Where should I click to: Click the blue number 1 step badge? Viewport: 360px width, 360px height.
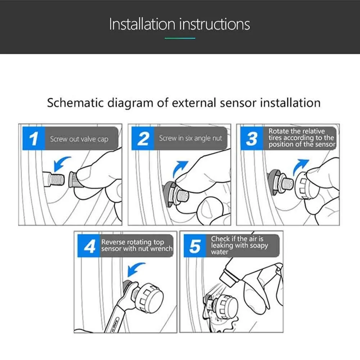point(34,139)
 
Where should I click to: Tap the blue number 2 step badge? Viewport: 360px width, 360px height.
point(143,139)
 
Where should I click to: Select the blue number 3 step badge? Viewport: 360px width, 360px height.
point(252,139)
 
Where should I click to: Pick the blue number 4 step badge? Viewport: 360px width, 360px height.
point(89,246)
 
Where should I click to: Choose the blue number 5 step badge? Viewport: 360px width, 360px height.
point(195,246)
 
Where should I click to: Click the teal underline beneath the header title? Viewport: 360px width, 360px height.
point(180,39)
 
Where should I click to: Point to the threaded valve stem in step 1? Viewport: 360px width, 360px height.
point(54,179)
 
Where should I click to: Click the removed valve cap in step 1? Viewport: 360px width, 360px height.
point(73,180)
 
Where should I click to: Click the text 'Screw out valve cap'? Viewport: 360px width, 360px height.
point(79,139)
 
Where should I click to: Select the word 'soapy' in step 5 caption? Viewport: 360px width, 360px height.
point(259,246)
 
